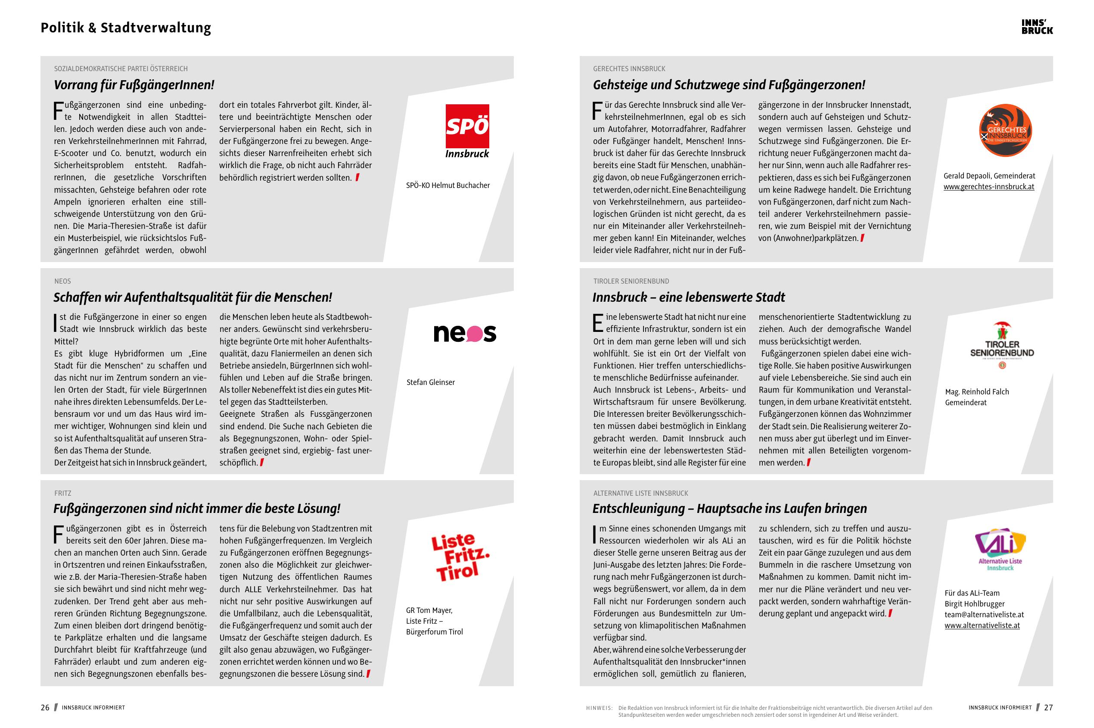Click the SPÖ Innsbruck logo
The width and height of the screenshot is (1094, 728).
coord(467,131)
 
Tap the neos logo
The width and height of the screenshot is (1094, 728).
coord(464,333)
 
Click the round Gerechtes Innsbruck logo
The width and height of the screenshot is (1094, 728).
coord(1005,131)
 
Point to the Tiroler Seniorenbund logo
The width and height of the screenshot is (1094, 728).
coord(1002,345)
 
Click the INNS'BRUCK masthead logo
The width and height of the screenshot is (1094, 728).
coord(1037,27)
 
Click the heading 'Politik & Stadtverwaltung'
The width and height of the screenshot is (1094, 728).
coord(126,28)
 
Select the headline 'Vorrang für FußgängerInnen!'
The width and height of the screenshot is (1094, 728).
coord(134,85)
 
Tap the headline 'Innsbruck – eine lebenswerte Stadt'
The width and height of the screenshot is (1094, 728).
coord(689,297)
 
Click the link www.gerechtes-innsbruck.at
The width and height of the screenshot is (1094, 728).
coord(988,187)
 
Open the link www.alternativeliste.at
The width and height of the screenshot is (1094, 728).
coord(982,625)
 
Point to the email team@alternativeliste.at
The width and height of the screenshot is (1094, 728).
coord(984,614)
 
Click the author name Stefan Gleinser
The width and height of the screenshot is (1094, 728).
coord(431,382)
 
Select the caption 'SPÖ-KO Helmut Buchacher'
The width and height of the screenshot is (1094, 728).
coord(448,185)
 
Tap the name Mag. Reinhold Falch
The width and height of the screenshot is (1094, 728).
coord(976,391)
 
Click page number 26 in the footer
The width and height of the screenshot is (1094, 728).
coord(45,708)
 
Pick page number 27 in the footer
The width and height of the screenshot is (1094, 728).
coord(1048,708)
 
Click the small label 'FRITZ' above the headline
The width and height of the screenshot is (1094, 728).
coord(62,493)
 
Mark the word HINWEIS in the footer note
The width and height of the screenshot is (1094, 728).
coord(599,708)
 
